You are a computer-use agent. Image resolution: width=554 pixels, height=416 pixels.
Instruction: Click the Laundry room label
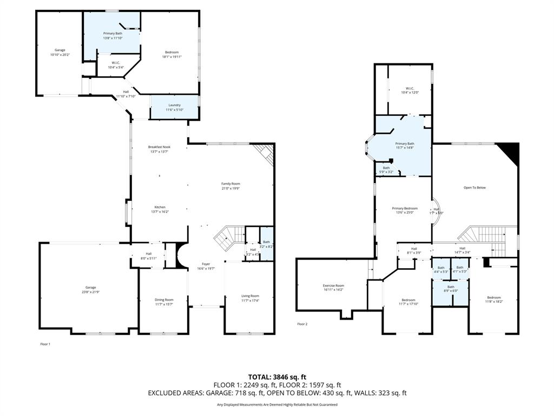tap(174, 105)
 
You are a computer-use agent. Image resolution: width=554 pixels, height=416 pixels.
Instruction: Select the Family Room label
tap(230, 184)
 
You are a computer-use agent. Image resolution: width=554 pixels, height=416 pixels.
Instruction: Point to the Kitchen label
tap(160, 207)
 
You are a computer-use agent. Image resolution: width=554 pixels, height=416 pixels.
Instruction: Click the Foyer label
tap(206, 264)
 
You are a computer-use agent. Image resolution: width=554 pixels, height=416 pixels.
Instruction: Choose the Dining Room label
tap(164, 300)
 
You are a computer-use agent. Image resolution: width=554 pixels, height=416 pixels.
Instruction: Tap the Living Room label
tap(250, 296)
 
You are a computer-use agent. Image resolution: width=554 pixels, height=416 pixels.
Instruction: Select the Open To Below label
tap(474, 187)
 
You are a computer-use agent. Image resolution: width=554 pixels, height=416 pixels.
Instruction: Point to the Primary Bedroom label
tap(405, 208)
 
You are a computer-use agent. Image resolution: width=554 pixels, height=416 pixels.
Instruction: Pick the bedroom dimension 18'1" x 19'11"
tap(172, 56)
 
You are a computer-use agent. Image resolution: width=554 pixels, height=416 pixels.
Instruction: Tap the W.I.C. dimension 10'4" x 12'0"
tap(410, 93)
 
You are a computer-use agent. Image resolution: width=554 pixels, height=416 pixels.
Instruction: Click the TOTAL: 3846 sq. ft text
tap(277, 377)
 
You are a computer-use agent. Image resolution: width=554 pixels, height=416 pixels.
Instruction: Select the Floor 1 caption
tap(45, 344)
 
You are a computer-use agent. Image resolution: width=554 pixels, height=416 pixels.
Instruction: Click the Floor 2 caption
tap(302, 324)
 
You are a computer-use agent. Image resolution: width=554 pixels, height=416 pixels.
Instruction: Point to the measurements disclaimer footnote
tap(277, 405)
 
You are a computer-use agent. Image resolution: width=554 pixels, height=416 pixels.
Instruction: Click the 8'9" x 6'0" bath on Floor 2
tap(451, 291)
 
